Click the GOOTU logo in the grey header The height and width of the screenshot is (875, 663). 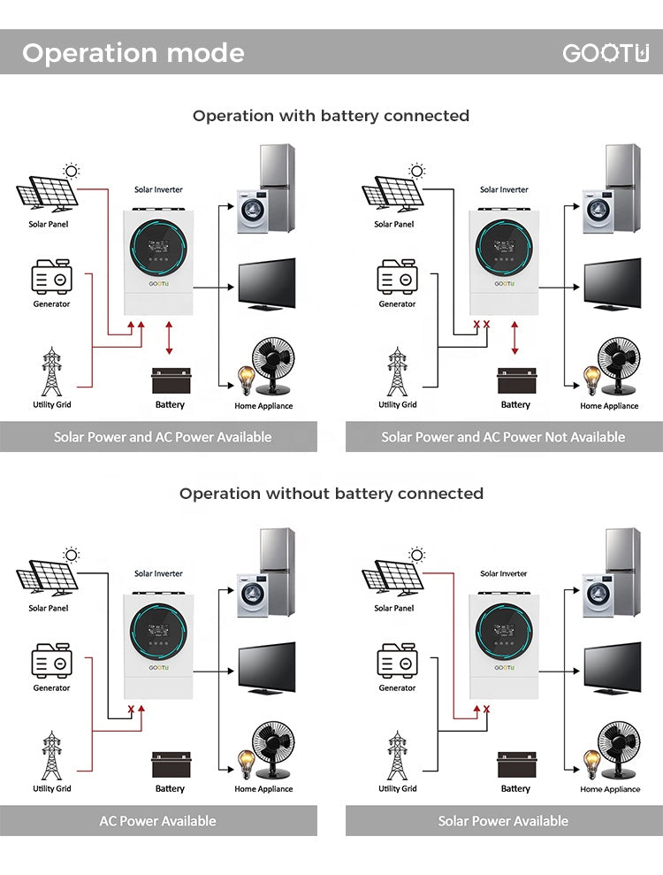(606, 53)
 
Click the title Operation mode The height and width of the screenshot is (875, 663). (133, 53)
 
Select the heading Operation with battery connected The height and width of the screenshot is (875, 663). (331, 116)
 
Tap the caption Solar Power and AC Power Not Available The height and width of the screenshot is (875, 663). (503, 437)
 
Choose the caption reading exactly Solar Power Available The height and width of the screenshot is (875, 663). (503, 821)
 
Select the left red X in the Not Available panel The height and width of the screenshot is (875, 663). (476, 326)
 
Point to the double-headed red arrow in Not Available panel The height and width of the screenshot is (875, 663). (514, 339)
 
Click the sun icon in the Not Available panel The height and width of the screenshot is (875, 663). (416, 171)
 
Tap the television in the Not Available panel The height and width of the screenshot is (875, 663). (612, 283)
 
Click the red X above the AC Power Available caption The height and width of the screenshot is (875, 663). (131, 710)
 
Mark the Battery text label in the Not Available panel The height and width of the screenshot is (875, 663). (515, 405)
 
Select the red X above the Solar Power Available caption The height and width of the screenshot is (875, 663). (486, 710)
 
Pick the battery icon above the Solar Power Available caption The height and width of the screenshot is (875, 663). (516, 764)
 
